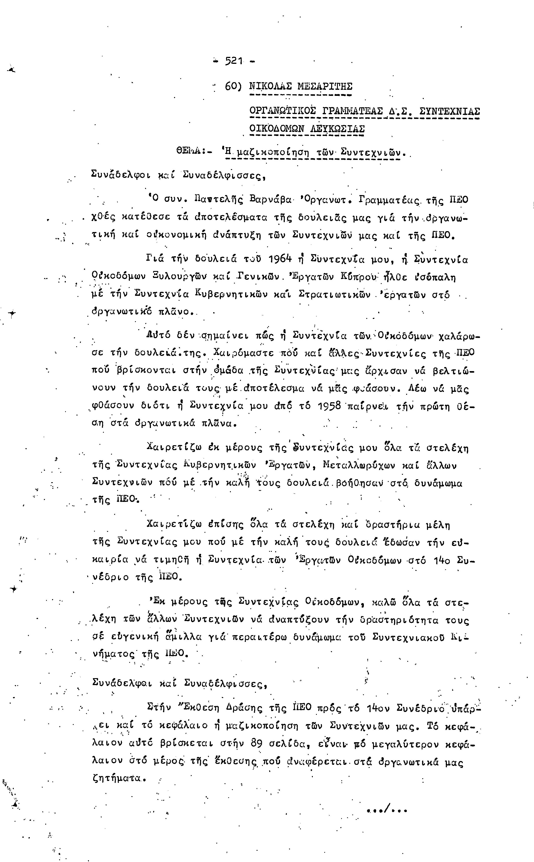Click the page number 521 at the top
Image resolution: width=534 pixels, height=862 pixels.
pos(234,61)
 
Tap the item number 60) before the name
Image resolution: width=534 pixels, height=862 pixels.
pos(233,86)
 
